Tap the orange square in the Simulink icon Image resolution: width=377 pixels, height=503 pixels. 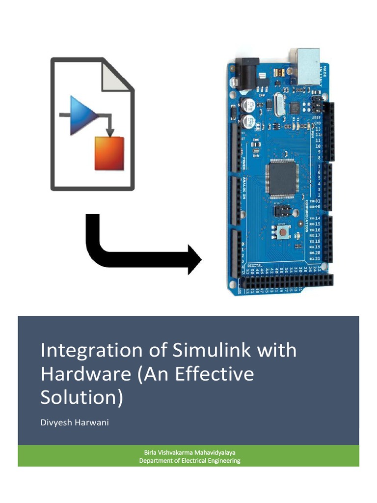click(109, 153)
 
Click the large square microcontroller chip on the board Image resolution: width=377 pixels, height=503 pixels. click(282, 179)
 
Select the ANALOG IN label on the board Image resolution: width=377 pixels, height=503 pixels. click(243, 186)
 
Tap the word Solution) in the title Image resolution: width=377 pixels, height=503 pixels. click(81, 397)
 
